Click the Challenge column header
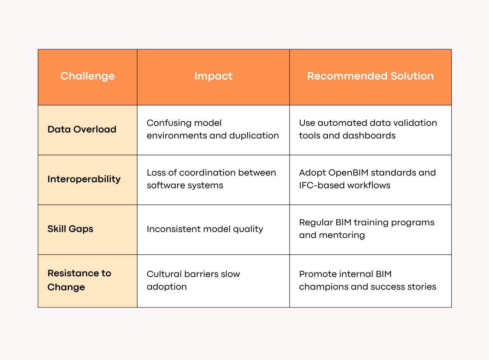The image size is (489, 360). point(87,76)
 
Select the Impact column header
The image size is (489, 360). point(213,76)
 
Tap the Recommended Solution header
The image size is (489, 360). point(370,76)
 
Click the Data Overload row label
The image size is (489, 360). point(82,129)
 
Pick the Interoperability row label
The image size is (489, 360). point(84,179)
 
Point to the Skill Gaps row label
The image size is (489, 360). point(70,229)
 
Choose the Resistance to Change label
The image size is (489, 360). point(79,280)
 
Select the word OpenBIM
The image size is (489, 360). point(348,173)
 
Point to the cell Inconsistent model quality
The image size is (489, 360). point(205,229)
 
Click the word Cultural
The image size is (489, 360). point(164,274)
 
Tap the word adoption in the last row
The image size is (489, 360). point(167,287)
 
